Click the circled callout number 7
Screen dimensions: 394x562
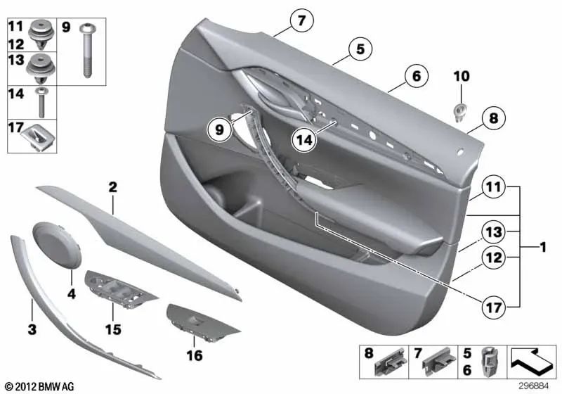(x=301, y=21)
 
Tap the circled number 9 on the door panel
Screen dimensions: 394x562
(x=219, y=129)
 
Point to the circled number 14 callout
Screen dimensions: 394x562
(x=305, y=140)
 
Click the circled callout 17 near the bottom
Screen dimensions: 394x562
(x=495, y=307)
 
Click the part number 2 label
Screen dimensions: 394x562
(x=112, y=187)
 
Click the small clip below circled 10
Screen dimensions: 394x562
(x=461, y=110)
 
